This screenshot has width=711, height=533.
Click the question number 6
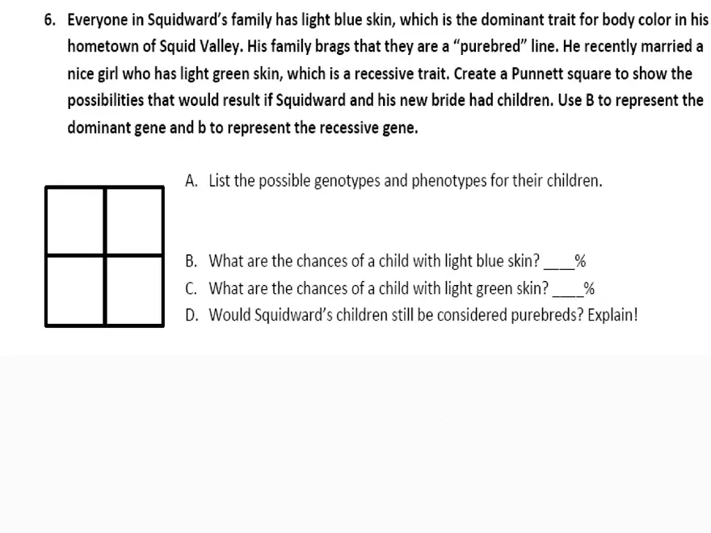[x=51, y=19]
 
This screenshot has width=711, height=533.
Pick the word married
[x=664, y=46]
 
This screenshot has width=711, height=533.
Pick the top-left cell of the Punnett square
[x=75, y=220]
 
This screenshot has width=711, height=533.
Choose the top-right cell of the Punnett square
[x=134, y=220]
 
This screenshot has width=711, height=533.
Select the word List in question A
[x=220, y=180]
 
